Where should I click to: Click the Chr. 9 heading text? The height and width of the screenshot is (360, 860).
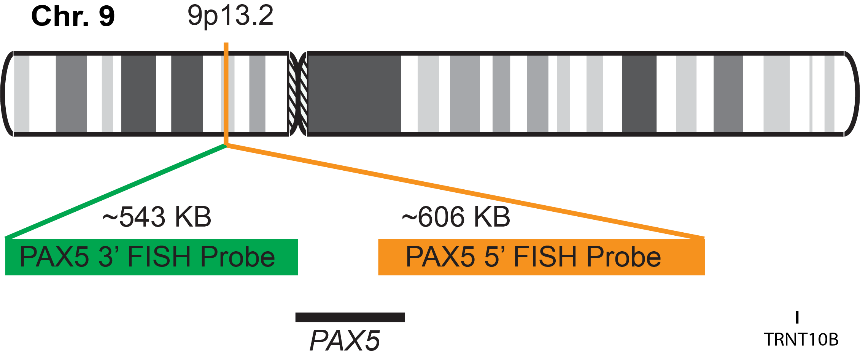[x=73, y=17]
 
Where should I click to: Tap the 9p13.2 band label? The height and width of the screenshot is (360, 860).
[x=230, y=16]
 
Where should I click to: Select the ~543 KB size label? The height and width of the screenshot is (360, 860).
[x=157, y=217]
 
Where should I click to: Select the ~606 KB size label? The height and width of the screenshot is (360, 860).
[x=456, y=217]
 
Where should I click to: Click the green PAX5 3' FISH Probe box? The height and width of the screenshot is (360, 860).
[x=151, y=257]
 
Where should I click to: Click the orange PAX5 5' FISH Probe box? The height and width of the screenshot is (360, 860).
[x=541, y=257]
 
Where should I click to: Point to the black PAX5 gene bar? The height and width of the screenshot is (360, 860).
[x=350, y=317]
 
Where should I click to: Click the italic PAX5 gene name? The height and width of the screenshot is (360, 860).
[x=345, y=341]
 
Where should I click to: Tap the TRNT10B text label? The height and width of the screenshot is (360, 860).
[x=801, y=339]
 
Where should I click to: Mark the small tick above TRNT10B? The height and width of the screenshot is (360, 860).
[x=797, y=317]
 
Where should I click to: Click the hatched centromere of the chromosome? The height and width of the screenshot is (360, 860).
[x=298, y=94]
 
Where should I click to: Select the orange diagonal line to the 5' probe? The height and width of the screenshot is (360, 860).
[x=464, y=192]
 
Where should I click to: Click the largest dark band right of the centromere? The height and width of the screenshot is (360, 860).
[x=354, y=94]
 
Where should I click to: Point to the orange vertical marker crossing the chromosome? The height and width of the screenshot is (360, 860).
[x=226, y=94]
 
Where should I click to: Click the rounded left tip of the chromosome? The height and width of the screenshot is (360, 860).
[x=7, y=94]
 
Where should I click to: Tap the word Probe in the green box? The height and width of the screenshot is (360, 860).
[x=237, y=257]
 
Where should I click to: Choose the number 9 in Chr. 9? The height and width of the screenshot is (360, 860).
[x=107, y=17]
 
